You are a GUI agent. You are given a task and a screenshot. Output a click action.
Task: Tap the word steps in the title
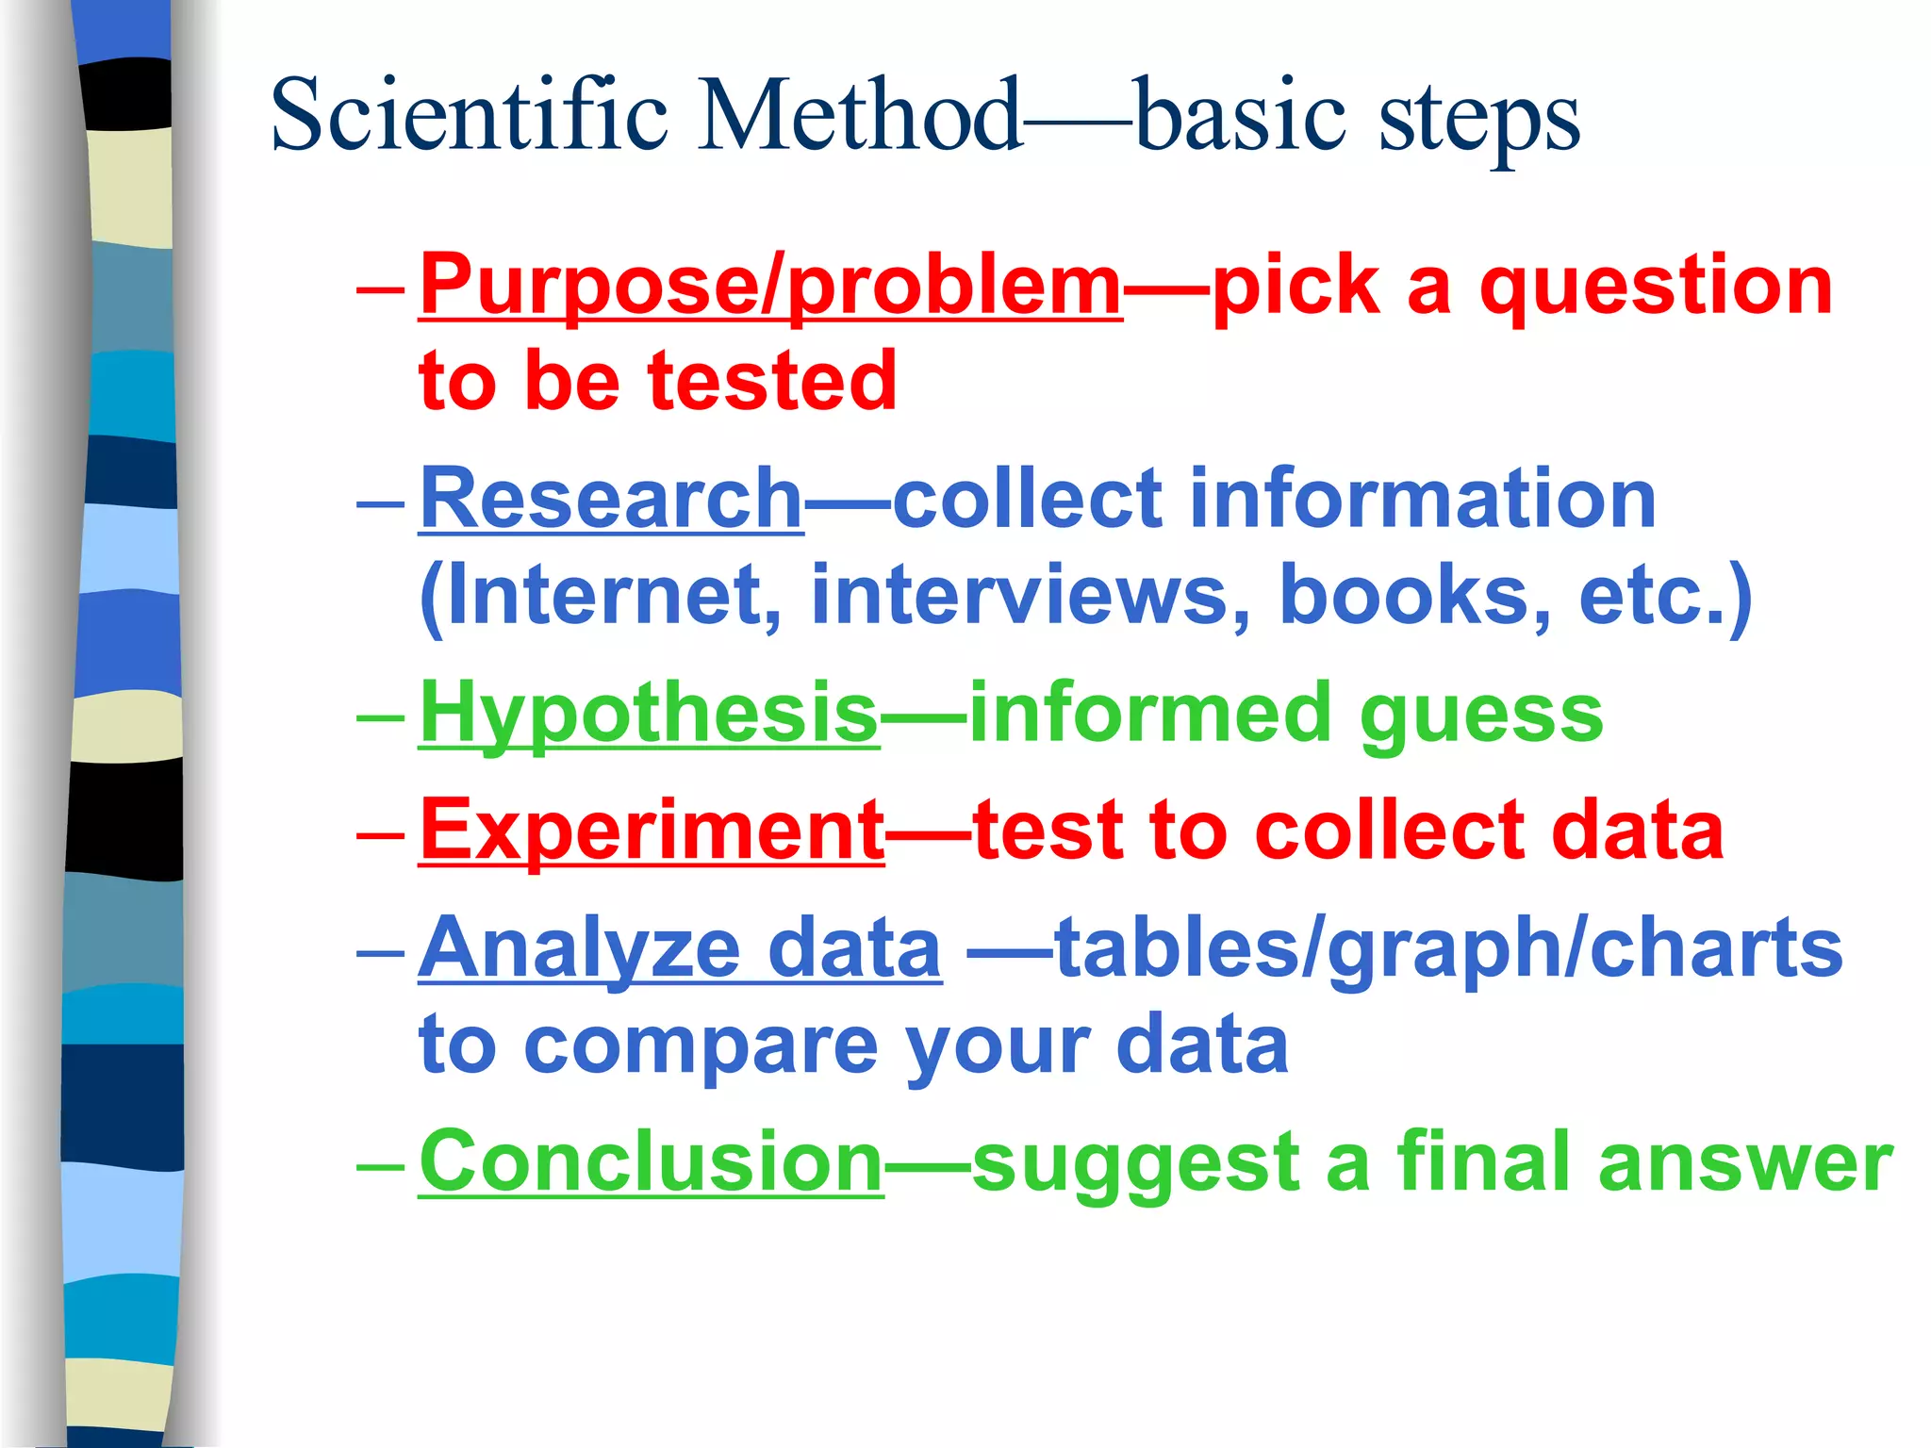pyautogui.click(x=1478, y=121)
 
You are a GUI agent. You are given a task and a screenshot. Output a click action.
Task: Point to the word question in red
pyautogui.click(x=1656, y=287)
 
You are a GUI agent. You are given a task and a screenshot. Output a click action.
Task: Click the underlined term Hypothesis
pyautogui.click(x=649, y=715)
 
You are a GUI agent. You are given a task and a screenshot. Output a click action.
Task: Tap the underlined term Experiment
pyautogui.click(x=652, y=831)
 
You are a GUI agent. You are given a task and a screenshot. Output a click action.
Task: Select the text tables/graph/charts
pyautogui.click(x=1448, y=950)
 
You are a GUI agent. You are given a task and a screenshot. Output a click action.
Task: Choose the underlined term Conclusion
pyautogui.click(x=651, y=1161)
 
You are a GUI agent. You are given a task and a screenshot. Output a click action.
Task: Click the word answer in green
pyautogui.click(x=1745, y=1161)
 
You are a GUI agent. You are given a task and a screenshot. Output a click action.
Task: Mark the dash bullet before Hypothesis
pyautogui.click(x=380, y=716)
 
